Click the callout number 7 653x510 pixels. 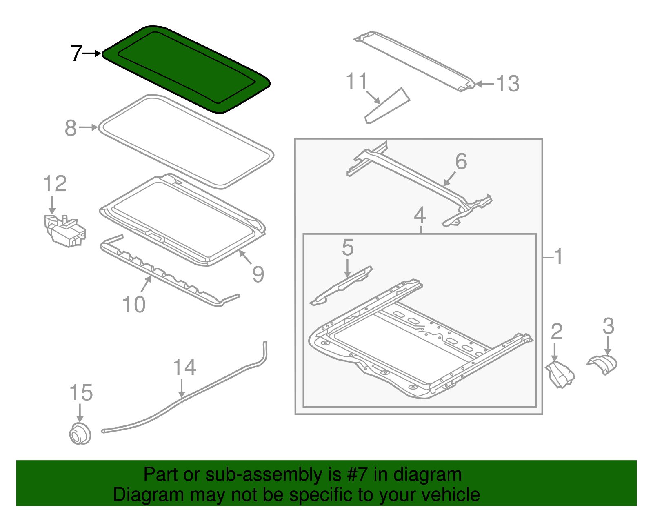coord(76,53)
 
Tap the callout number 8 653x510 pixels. coord(71,128)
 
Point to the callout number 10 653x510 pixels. coord(134,305)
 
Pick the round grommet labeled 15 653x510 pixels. coord(80,434)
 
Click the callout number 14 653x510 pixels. coord(184,367)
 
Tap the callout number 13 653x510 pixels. coord(508,84)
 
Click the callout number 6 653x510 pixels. coord(461,161)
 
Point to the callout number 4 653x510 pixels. coord(420,215)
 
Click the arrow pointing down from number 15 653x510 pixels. coord(80,413)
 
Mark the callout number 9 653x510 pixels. coord(258,274)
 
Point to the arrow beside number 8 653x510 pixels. coord(89,128)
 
